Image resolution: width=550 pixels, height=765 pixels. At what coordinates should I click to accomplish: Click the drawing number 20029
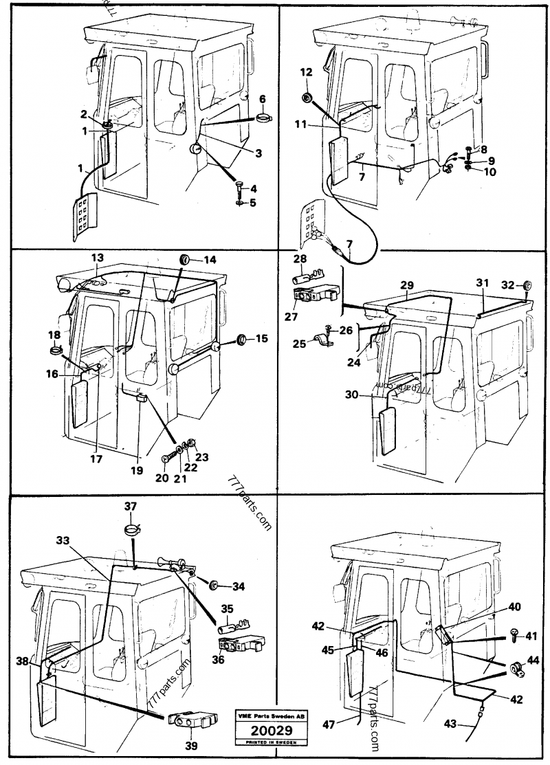[269, 731]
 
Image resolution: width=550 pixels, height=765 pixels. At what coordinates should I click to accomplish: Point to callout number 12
[306, 72]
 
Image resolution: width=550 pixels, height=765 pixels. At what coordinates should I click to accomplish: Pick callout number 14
[210, 260]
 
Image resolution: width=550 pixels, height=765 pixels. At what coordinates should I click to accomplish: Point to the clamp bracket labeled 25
[320, 339]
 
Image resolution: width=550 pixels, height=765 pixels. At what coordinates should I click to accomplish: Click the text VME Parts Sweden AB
[269, 716]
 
